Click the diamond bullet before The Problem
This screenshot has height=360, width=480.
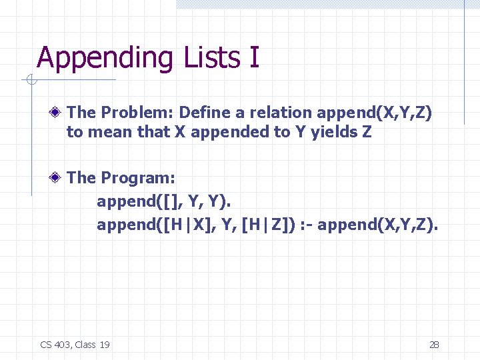coord(59,113)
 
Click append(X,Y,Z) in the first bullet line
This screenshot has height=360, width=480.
coord(375,113)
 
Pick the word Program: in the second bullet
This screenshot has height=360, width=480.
coord(138,178)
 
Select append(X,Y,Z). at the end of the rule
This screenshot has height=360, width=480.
coord(378,225)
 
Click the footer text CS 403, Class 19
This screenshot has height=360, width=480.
coord(75,344)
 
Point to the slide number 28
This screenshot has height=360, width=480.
coord(433,344)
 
